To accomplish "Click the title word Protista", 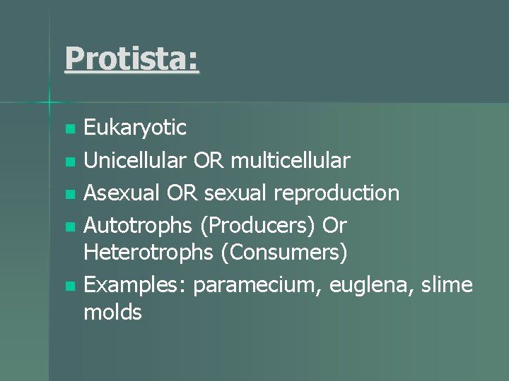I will point(131,58).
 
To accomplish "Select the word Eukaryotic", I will point(135,128).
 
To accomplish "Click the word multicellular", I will point(289,161).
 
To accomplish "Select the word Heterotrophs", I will point(149,253).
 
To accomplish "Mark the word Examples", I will point(135,284).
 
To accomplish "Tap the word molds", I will point(112,313).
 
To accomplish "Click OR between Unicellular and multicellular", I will point(209,161).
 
